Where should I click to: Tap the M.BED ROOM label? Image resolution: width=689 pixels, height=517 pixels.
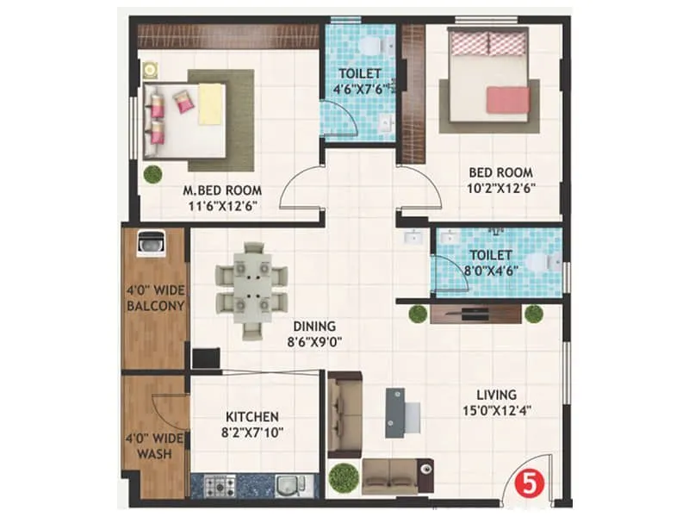pos(222,190)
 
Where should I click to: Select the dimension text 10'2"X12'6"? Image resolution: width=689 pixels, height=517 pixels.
pos(500,188)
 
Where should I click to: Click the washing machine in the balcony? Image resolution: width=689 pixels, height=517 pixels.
pos(152,244)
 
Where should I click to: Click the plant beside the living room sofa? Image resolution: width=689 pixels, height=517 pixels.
pos(344,477)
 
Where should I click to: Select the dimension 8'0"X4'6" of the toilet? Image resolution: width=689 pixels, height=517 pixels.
pos(491,269)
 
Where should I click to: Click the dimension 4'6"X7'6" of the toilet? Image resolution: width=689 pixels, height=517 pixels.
pos(359,87)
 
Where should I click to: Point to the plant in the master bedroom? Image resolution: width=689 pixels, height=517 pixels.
pos(153,173)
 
